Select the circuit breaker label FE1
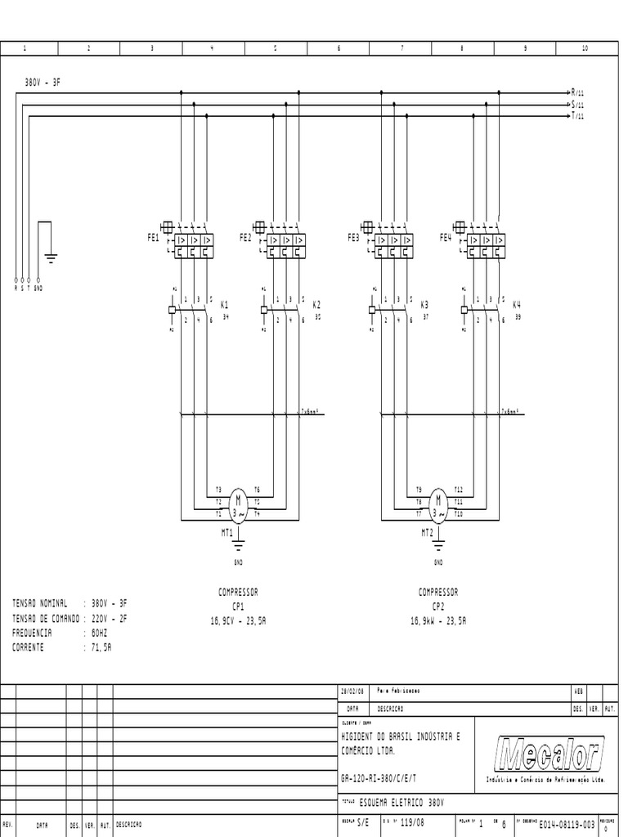tap(153, 238)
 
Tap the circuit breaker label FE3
tap(353, 238)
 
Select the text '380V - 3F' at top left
tap(42, 82)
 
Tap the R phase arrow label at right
tap(576, 93)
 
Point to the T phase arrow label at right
tap(576, 116)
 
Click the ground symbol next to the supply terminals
tap(51, 259)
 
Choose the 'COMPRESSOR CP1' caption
tap(238, 599)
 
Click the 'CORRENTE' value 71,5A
tap(103, 647)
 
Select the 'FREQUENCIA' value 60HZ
tap(100, 633)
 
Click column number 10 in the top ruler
tap(585, 49)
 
